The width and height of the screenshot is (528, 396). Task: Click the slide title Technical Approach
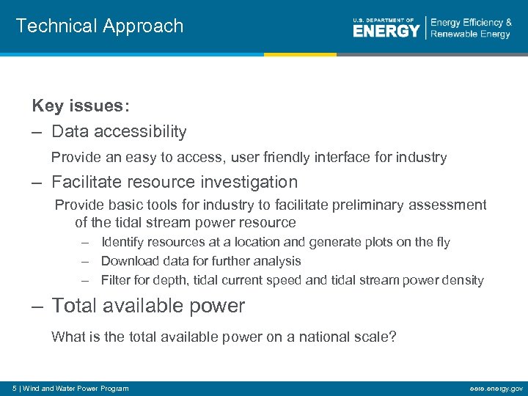100,26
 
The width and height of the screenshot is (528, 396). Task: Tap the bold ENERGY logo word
386,30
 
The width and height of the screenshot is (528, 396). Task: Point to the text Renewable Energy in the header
470,34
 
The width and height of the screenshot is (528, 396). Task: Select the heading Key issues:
81,106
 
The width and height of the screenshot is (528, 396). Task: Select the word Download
128,261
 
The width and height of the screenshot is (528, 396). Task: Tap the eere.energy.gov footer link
496,389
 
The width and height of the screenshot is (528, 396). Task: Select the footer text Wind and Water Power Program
76,389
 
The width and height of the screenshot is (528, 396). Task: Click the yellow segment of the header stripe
300,54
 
